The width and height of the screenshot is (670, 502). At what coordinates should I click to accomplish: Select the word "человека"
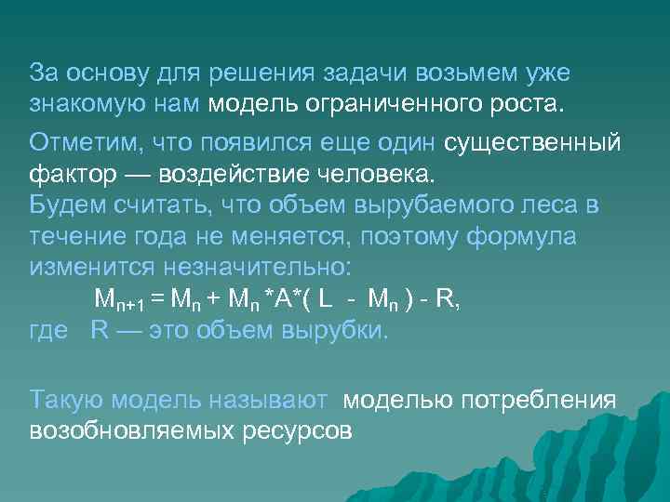click(358, 175)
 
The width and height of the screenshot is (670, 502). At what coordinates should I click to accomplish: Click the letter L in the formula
click(325, 299)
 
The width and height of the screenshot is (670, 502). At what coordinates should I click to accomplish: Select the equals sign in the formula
click(156, 300)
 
